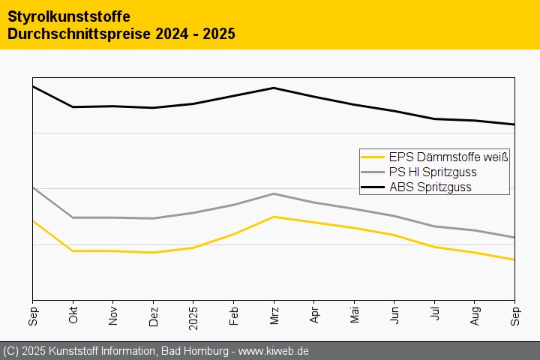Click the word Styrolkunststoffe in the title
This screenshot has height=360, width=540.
tap(68, 16)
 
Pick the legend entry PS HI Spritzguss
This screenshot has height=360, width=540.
tap(433, 172)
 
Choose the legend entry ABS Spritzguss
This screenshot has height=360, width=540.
tap(430, 187)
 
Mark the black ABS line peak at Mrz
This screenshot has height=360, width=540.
tap(274, 88)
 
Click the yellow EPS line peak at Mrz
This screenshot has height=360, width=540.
tap(274, 217)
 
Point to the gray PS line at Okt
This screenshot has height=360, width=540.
tap(73, 217)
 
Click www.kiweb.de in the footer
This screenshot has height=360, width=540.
tap(274, 351)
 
